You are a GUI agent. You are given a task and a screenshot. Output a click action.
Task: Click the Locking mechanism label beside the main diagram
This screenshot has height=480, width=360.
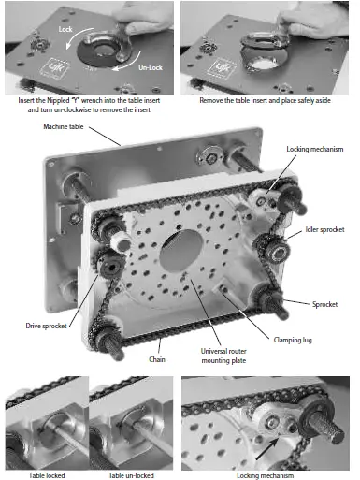[315, 149]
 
